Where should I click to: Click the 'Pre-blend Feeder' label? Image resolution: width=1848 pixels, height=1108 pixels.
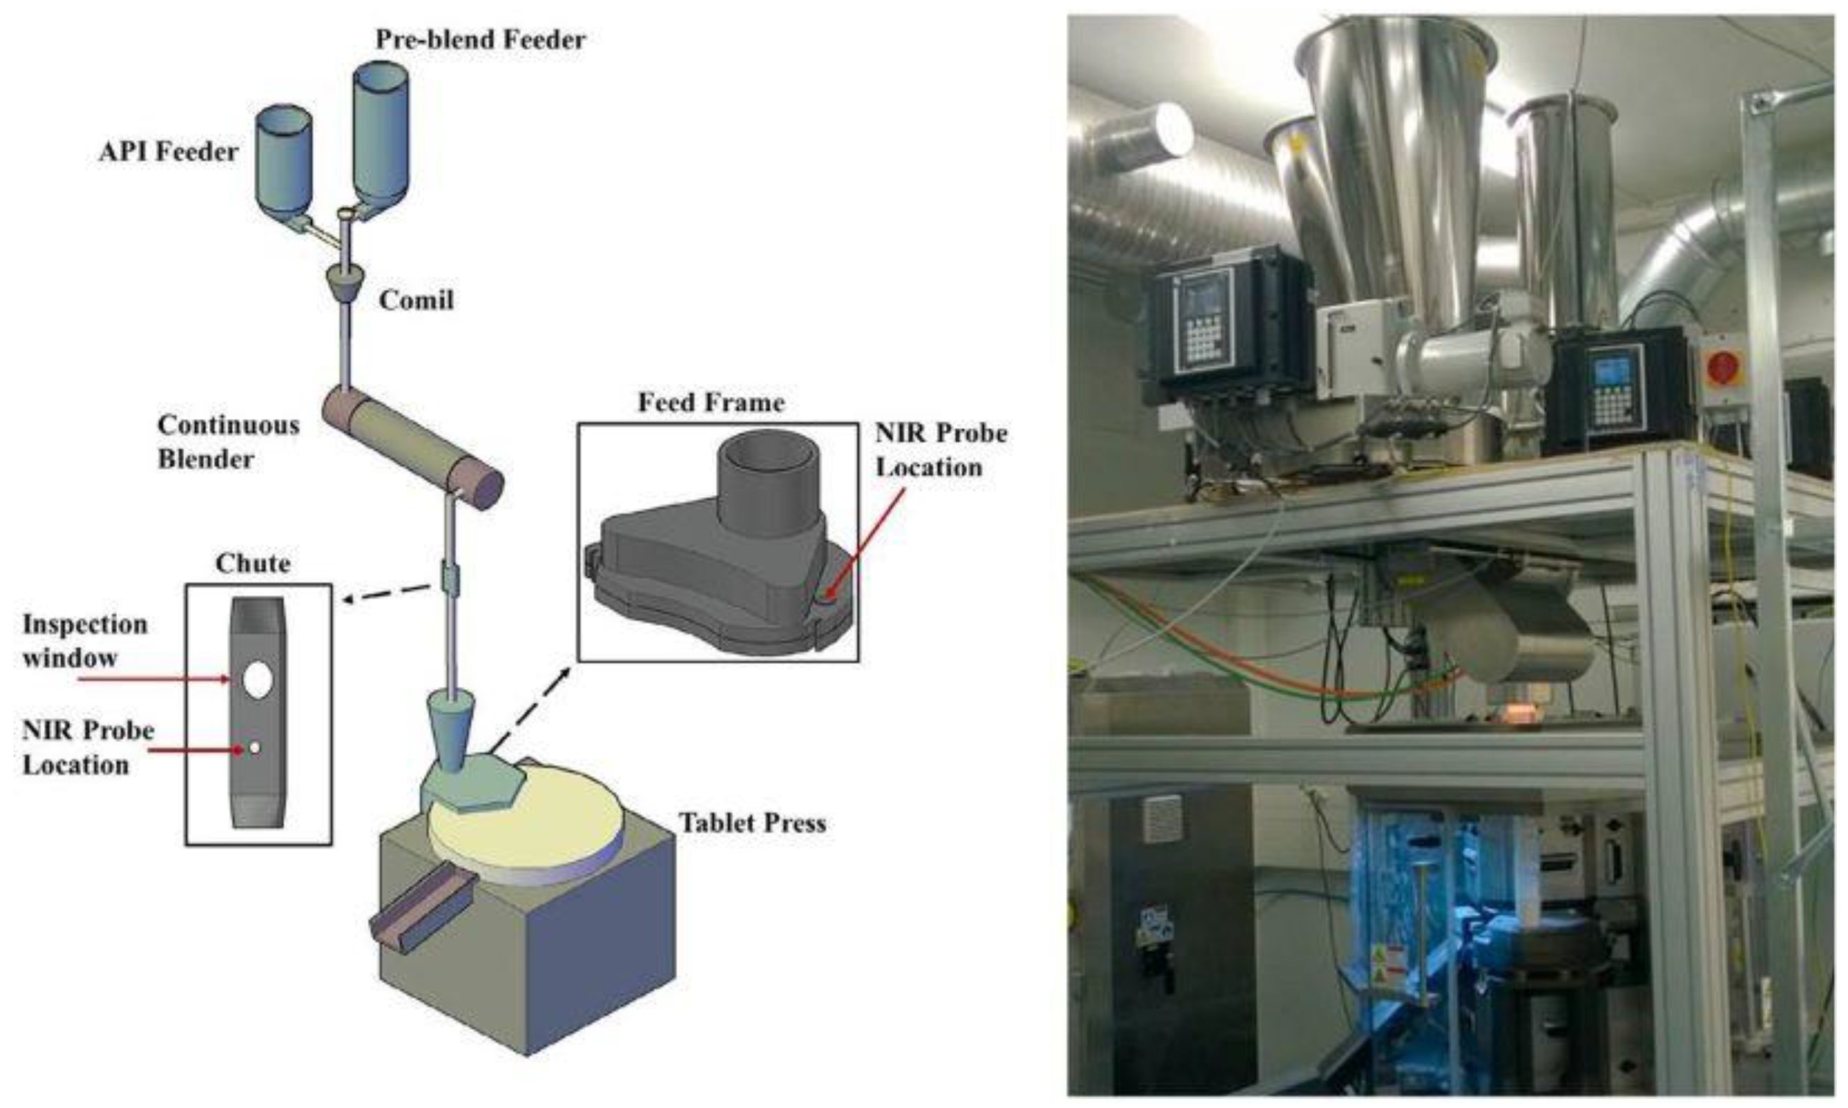point(480,40)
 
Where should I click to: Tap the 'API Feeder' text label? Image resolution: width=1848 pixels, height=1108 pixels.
point(169,152)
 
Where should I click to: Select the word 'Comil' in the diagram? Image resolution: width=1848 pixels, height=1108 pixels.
point(416,300)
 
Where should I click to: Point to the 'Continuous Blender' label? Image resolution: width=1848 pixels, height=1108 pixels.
point(228,441)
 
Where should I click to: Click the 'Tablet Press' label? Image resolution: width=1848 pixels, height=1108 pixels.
point(752,823)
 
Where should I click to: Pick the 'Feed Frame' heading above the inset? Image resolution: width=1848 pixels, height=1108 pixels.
point(711,403)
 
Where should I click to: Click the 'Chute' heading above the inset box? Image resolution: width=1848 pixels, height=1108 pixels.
point(252,563)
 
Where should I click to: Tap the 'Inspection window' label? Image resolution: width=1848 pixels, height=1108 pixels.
point(84,641)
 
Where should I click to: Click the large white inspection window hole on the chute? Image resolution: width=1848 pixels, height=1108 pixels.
point(257,680)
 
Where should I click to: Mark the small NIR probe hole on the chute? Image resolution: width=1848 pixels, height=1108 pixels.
point(255,747)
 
